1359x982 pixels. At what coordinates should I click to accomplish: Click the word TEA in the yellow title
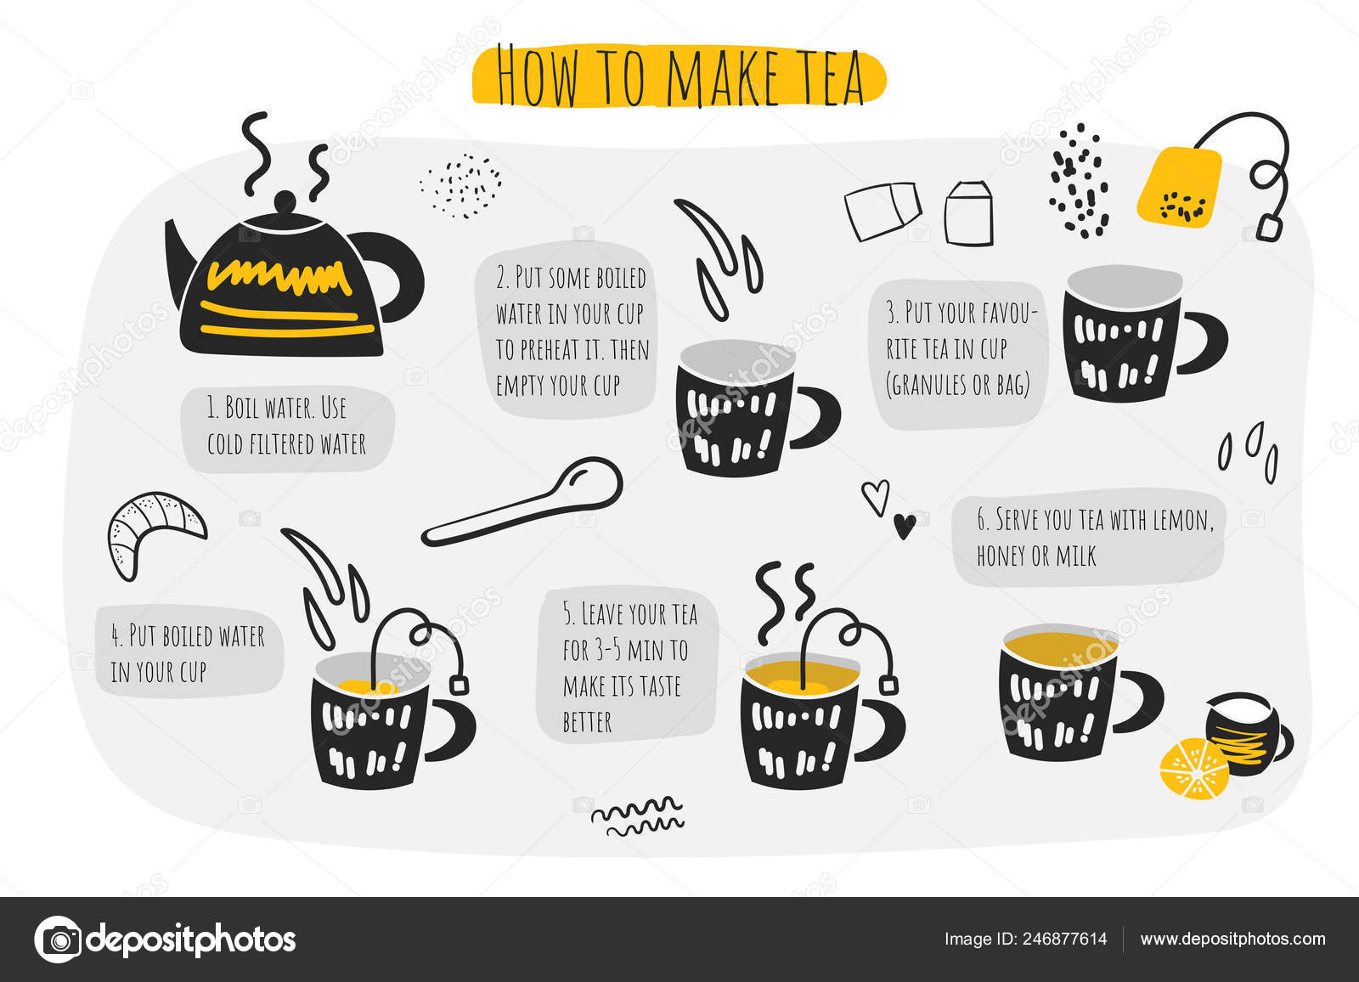pyautogui.click(x=820, y=77)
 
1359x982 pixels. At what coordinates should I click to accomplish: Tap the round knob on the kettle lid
pyautogui.click(x=285, y=201)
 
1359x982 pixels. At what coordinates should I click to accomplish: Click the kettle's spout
pyautogui.click(x=178, y=255)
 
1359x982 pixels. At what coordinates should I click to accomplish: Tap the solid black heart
pyautogui.click(x=905, y=526)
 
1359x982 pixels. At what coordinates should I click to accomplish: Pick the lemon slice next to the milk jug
pyautogui.click(x=1193, y=769)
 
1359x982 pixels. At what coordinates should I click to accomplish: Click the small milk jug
pyautogui.click(x=1243, y=731)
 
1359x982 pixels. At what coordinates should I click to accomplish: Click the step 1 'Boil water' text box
pyautogui.click(x=287, y=426)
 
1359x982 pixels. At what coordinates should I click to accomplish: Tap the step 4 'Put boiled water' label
pyautogui.click(x=188, y=653)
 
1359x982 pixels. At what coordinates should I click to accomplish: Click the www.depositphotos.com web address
pyautogui.click(x=1232, y=939)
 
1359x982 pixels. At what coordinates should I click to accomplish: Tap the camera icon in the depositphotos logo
pyautogui.click(x=59, y=940)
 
